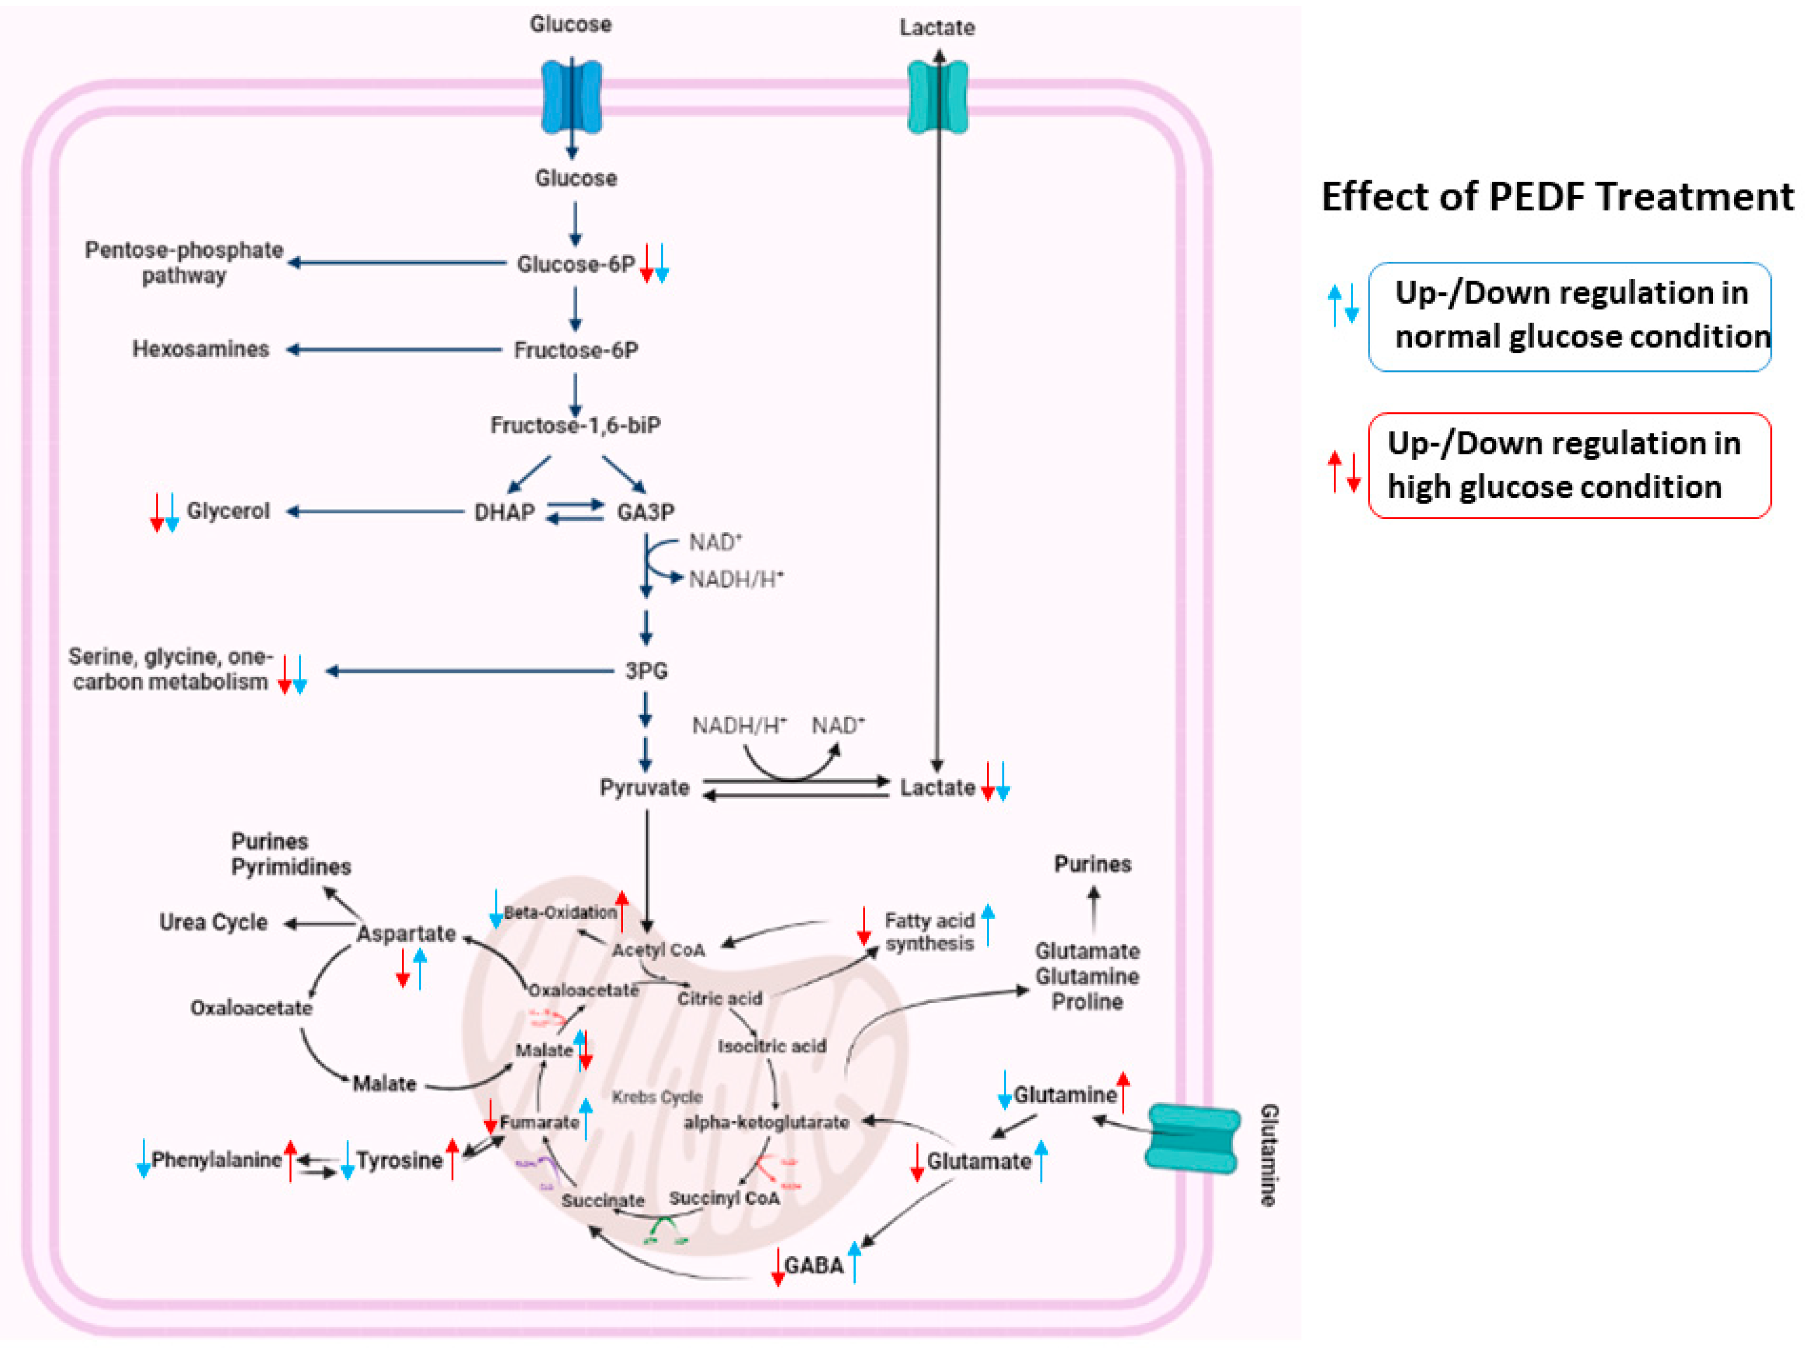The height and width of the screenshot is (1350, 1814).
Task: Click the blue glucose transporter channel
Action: [571, 96]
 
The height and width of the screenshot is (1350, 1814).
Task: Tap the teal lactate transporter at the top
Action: [938, 96]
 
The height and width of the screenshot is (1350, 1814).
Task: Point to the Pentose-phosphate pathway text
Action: [184, 262]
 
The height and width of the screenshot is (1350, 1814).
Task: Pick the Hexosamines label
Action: [200, 350]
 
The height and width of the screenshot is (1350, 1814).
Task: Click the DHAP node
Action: [505, 512]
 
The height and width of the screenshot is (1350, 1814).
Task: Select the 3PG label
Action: [646, 671]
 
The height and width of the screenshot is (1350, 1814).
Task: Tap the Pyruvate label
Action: [644, 788]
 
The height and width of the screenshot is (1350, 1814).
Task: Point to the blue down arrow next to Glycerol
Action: [173, 512]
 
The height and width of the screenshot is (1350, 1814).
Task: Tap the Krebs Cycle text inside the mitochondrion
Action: [657, 1097]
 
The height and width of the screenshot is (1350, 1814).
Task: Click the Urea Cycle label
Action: [213, 922]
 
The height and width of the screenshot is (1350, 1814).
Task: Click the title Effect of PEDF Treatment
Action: [1557, 197]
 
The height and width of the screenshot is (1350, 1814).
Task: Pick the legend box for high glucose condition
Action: [1569, 465]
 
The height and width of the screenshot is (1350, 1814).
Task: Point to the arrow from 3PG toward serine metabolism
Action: [470, 671]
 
